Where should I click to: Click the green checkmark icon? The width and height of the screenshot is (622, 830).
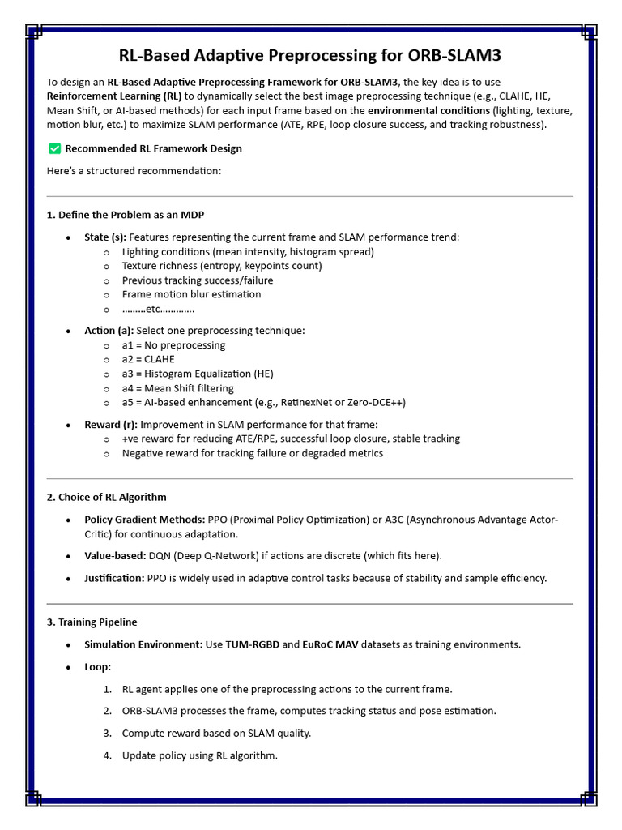coord(54,148)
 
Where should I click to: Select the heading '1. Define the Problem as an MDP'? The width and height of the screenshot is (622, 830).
coord(126,215)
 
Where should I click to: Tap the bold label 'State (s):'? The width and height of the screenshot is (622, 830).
coord(105,237)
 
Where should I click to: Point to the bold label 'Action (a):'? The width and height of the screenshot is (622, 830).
coord(109,331)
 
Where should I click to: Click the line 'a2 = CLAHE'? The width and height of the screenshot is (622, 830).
coord(148,359)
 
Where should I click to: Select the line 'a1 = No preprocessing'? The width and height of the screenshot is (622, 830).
coord(173,345)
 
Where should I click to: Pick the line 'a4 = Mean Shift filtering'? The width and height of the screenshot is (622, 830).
coord(177,388)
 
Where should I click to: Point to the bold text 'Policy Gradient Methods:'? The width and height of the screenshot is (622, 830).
coord(144,520)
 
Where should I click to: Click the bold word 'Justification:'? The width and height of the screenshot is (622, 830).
coord(114,578)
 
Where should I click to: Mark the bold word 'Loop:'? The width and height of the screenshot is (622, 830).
coord(98,667)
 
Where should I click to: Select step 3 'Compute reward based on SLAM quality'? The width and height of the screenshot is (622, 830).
coord(216,733)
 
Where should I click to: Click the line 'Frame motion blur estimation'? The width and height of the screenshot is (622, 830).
coord(191,294)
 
